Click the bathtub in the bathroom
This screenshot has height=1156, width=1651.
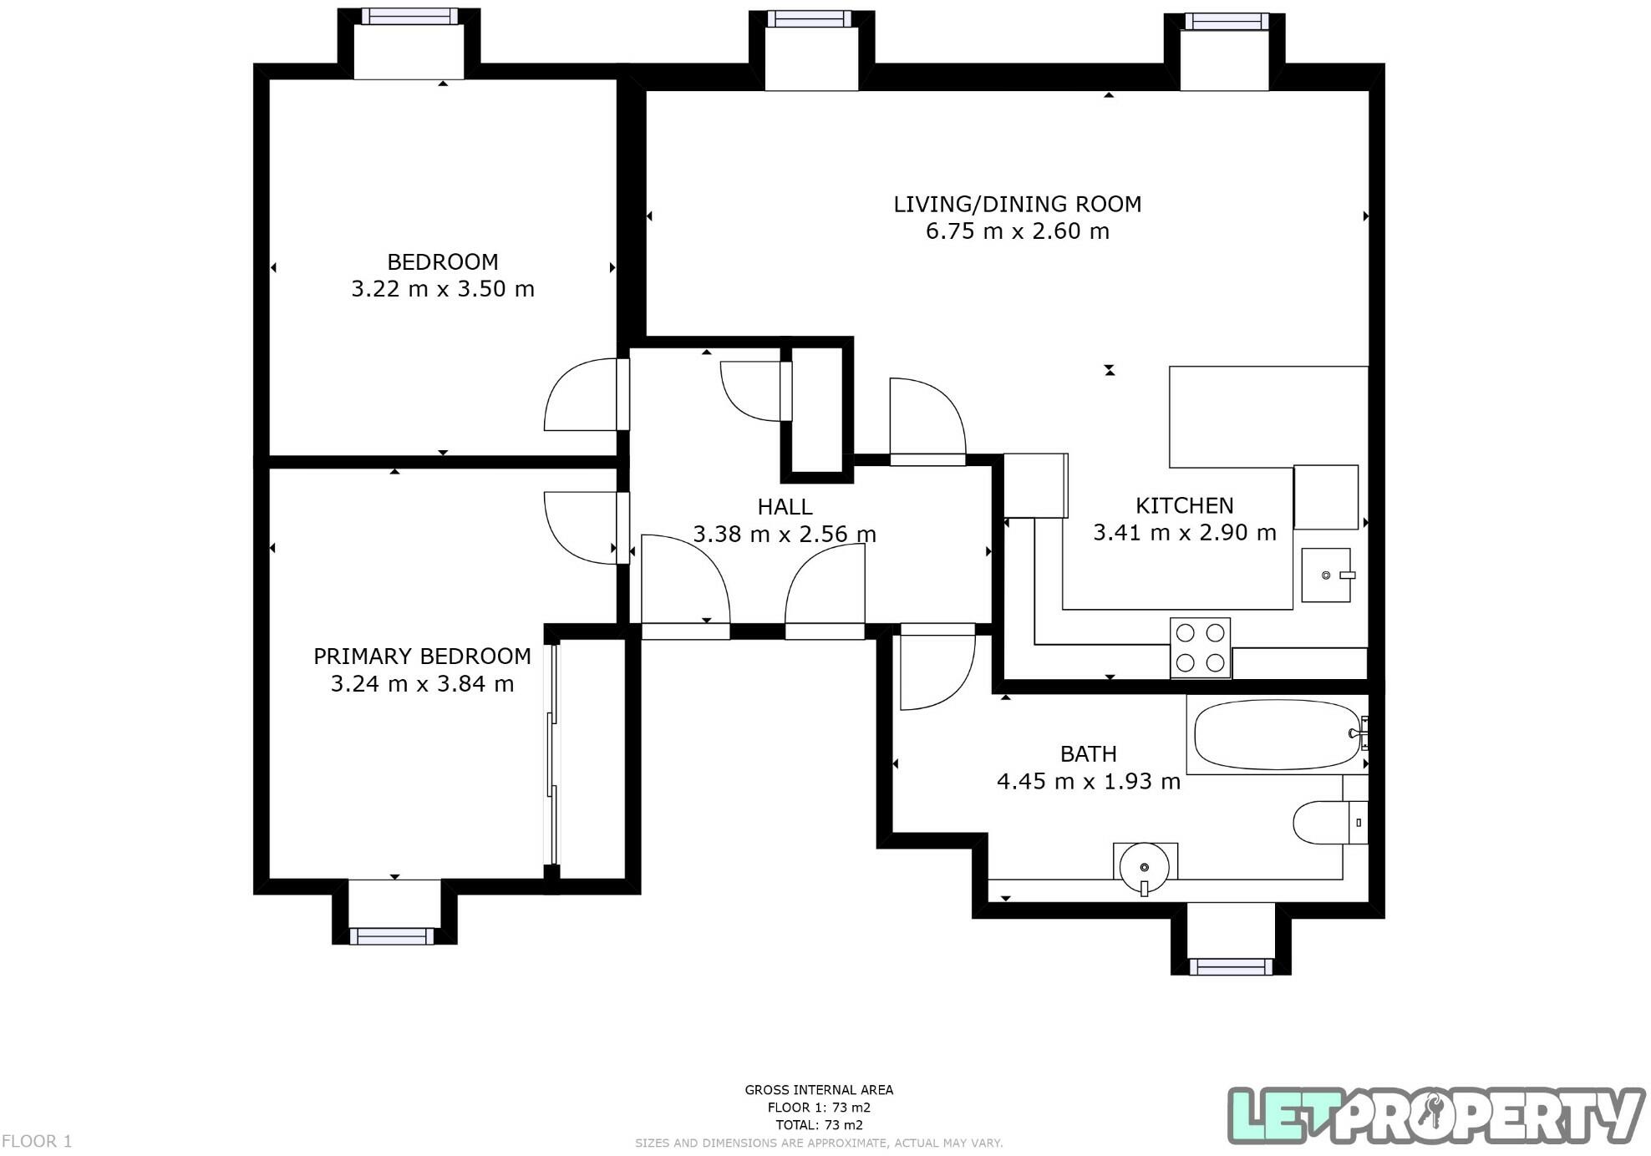coord(1277,735)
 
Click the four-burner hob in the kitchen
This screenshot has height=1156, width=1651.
coord(1200,648)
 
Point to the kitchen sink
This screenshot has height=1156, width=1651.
coord(1325,575)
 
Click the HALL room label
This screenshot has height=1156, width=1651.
coord(785,507)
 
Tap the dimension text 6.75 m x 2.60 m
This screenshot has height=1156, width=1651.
coord(1017,231)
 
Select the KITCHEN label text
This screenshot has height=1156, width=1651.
coord(1184,505)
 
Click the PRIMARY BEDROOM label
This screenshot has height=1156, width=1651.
coord(422,657)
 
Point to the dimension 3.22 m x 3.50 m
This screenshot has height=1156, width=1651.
coord(442,289)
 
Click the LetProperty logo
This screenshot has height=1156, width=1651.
coord(1435,1115)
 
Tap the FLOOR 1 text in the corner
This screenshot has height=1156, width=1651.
coord(37,1141)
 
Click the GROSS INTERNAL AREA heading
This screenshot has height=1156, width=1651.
coord(819,1090)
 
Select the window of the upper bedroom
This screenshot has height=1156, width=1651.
coord(409,17)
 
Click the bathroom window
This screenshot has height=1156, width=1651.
coord(1230,967)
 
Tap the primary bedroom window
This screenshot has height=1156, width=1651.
coord(392,936)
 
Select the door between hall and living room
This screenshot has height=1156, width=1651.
coord(927,422)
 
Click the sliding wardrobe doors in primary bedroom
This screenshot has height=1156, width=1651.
coord(551,752)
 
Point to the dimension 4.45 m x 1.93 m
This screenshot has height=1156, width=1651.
coord(1088,782)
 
